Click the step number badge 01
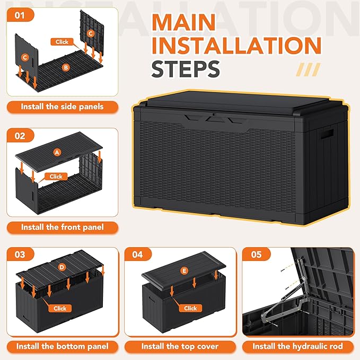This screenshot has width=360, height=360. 20,14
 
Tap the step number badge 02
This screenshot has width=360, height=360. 20,136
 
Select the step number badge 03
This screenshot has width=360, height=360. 20,254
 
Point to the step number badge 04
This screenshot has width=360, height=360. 138,254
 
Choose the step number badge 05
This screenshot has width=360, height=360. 257,254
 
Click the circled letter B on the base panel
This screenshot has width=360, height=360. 66,67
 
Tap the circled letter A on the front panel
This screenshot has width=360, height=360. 57,152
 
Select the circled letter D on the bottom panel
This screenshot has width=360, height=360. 62,267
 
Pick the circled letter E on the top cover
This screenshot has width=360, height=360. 185,271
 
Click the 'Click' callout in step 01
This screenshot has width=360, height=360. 63,41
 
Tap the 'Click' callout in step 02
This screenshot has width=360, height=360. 56,177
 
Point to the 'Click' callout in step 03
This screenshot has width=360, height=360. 60,308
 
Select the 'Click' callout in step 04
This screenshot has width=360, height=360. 190,308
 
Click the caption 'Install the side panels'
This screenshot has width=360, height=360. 62,107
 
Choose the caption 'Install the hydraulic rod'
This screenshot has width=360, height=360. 297,346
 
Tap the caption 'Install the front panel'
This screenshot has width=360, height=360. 62,227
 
